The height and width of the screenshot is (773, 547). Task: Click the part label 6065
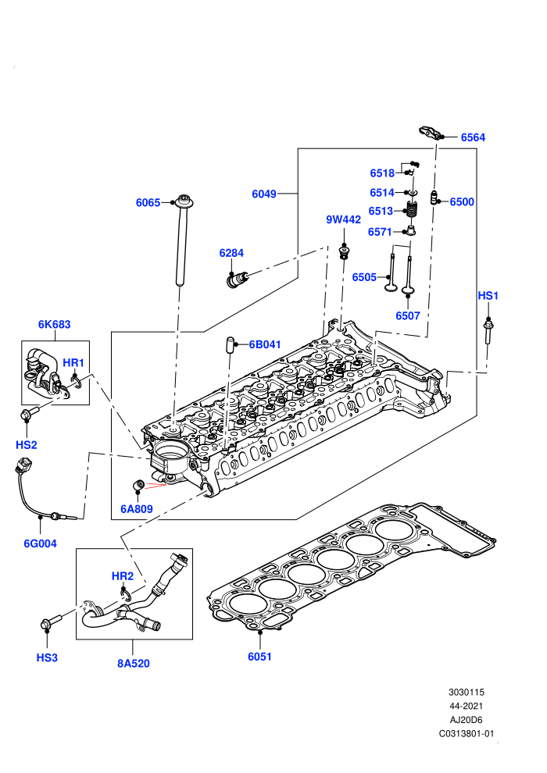coord(148,202)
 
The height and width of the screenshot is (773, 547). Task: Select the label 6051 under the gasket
coord(259,657)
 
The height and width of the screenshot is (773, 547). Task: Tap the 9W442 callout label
coord(343,220)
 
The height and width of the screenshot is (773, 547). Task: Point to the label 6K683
coord(54,324)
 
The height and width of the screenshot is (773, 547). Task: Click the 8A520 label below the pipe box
coord(133,664)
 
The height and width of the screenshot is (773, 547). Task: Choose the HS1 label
coord(488,296)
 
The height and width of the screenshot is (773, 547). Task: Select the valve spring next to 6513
coord(411,211)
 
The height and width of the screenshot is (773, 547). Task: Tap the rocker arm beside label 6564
coord(430,133)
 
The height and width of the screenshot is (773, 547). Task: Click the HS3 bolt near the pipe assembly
coord(52,622)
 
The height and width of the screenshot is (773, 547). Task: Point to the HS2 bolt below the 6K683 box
coord(30,412)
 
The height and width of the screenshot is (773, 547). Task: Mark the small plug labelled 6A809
coord(138,485)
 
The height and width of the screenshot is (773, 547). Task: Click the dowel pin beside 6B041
coord(230,344)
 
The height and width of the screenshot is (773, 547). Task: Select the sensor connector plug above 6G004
coord(23,466)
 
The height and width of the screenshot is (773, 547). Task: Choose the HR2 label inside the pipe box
coord(123,576)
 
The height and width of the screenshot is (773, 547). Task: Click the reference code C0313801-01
coord(466,733)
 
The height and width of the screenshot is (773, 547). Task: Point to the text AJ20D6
coord(466,720)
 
